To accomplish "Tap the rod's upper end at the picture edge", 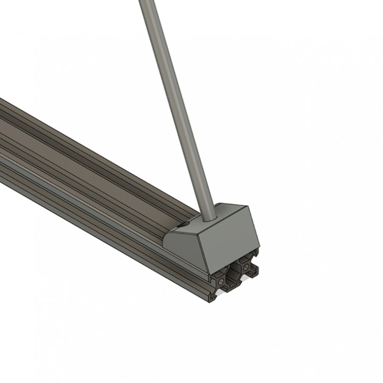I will pyautogui.click(x=144, y=2).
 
